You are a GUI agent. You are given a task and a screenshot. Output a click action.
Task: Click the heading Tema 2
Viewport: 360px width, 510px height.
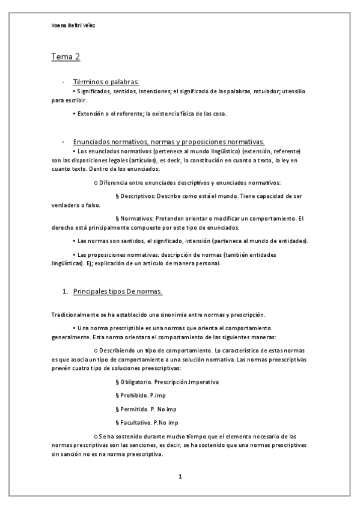(66, 57)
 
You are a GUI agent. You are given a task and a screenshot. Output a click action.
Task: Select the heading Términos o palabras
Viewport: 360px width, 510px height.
(106, 81)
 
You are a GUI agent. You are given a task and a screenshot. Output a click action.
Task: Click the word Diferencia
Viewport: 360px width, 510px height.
(114, 182)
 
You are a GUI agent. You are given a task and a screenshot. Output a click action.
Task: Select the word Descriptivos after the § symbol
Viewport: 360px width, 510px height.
(136, 196)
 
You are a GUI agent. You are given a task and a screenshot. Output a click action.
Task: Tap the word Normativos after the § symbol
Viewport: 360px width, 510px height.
(136, 218)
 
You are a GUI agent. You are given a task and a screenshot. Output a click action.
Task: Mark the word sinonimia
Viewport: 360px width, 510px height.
(182, 315)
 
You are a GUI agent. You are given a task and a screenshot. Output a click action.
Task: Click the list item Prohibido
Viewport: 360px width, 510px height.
(133, 395)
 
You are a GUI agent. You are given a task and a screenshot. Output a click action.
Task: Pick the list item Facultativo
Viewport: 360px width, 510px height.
(135, 422)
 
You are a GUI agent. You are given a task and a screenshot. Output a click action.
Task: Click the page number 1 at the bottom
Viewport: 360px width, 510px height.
(180, 477)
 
